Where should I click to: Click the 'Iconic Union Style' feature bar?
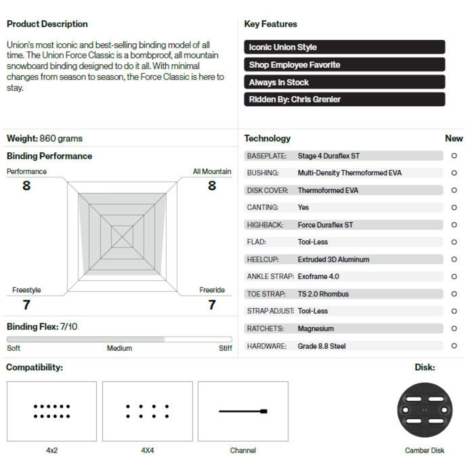point(344,47)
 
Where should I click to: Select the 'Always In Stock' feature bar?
point(344,82)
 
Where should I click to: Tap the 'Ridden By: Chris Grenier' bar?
point(344,99)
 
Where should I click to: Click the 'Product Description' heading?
point(47,24)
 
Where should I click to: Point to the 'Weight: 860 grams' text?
point(44,138)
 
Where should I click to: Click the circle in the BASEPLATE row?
point(454,156)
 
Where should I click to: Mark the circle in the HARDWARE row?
point(454,346)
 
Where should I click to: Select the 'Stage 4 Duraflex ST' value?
point(328,156)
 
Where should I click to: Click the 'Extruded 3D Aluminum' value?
point(333,260)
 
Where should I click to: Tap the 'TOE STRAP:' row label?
point(266,294)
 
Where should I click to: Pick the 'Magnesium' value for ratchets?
point(316,328)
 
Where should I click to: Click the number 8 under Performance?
point(26,186)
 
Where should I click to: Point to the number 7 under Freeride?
point(212,305)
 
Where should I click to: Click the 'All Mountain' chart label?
point(212,171)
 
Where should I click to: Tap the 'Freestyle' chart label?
point(26,290)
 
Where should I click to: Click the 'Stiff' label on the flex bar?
point(225,348)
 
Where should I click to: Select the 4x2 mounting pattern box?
point(51,411)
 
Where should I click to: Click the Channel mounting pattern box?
point(243,411)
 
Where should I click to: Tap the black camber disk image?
point(425,410)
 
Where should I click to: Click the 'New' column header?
point(454,138)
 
